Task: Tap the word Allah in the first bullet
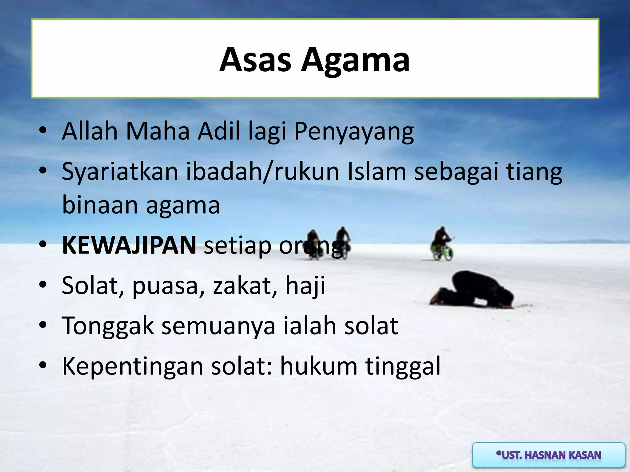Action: tap(90, 131)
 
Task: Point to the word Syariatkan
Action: tap(120, 172)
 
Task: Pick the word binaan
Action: tap(100, 205)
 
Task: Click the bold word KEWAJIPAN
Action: tap(129, 246)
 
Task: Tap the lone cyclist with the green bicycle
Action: tap(442, 245)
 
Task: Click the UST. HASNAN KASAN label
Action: tap(548, 455)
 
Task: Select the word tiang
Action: tap(534, 172)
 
